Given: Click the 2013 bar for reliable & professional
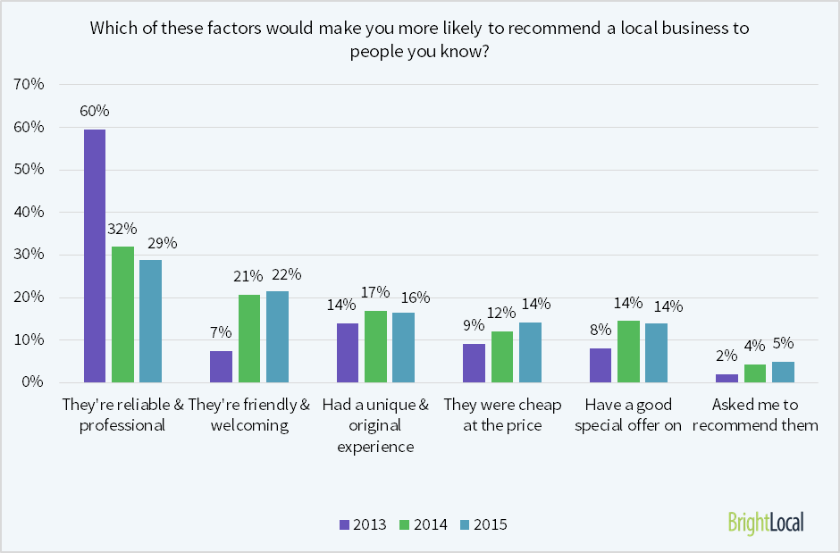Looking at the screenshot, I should (95, 256).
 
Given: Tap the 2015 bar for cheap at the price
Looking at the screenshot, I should (530, 352).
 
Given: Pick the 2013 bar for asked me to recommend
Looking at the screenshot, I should (727, 378).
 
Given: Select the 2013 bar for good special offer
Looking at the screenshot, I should (601, 365).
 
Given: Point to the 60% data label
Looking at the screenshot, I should (95, 112).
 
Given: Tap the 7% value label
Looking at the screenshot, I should (221, 332).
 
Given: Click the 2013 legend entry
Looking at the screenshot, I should (363, 524).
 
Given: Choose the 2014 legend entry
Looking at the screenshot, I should (423, 524).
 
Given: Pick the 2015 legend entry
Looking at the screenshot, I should (483, 524).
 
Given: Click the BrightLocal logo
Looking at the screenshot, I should (765, 522).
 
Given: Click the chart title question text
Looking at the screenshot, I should (420, 39).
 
